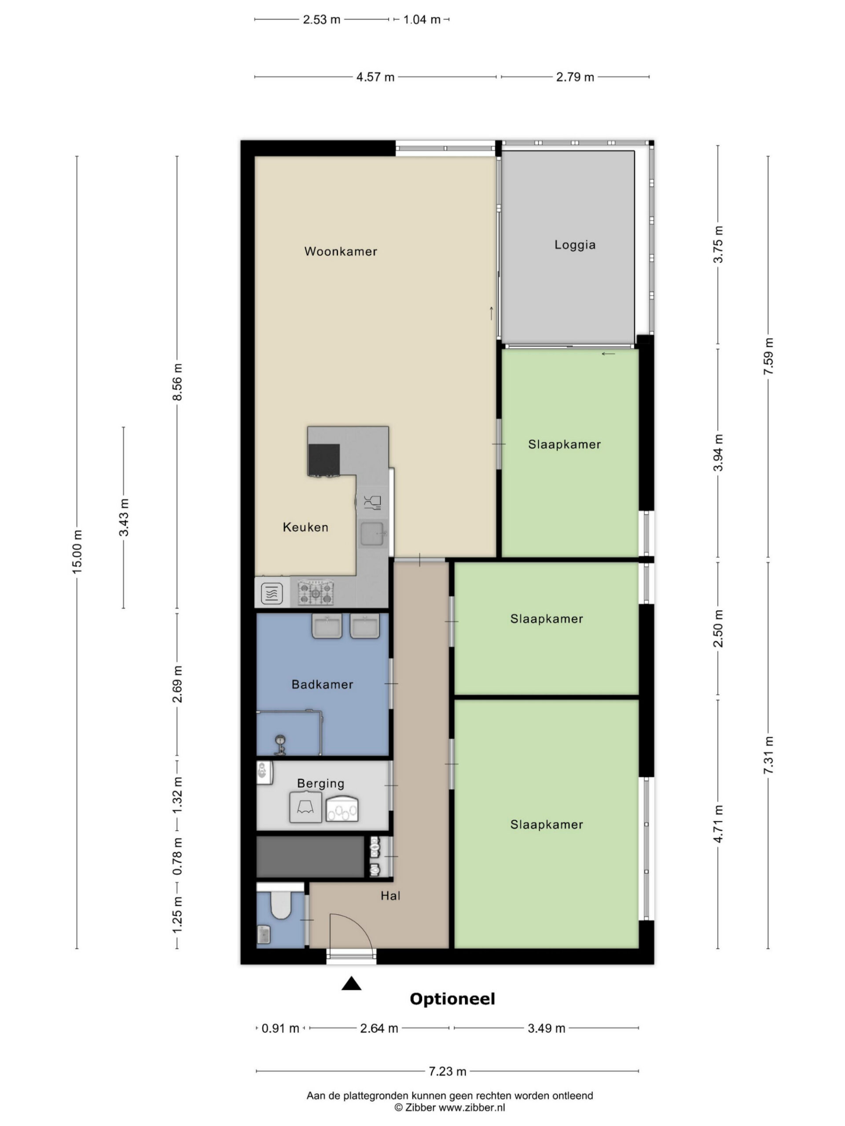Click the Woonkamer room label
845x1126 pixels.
[x=340, y=251]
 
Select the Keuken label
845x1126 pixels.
[x=305, y=527]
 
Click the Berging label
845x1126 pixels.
[x=320, y=783]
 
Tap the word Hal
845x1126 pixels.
[x=390, y=896]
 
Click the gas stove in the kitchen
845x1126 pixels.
[x=316, y=592]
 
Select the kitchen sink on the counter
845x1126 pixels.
[x=372, y=534]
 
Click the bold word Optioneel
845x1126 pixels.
[x=452, y=999]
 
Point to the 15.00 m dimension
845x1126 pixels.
[x=77, y=552]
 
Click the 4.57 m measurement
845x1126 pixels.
[x=375, y=77]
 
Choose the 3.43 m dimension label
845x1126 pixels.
[x=124, y=517]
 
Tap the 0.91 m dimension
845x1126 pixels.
[x=280, y=1028]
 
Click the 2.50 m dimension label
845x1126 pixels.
[x=718, y=629]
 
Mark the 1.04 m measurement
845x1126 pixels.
[x=422, y=20]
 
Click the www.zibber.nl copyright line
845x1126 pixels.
[x=450, y=1107]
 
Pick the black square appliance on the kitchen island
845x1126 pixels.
[x=323, y=460]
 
